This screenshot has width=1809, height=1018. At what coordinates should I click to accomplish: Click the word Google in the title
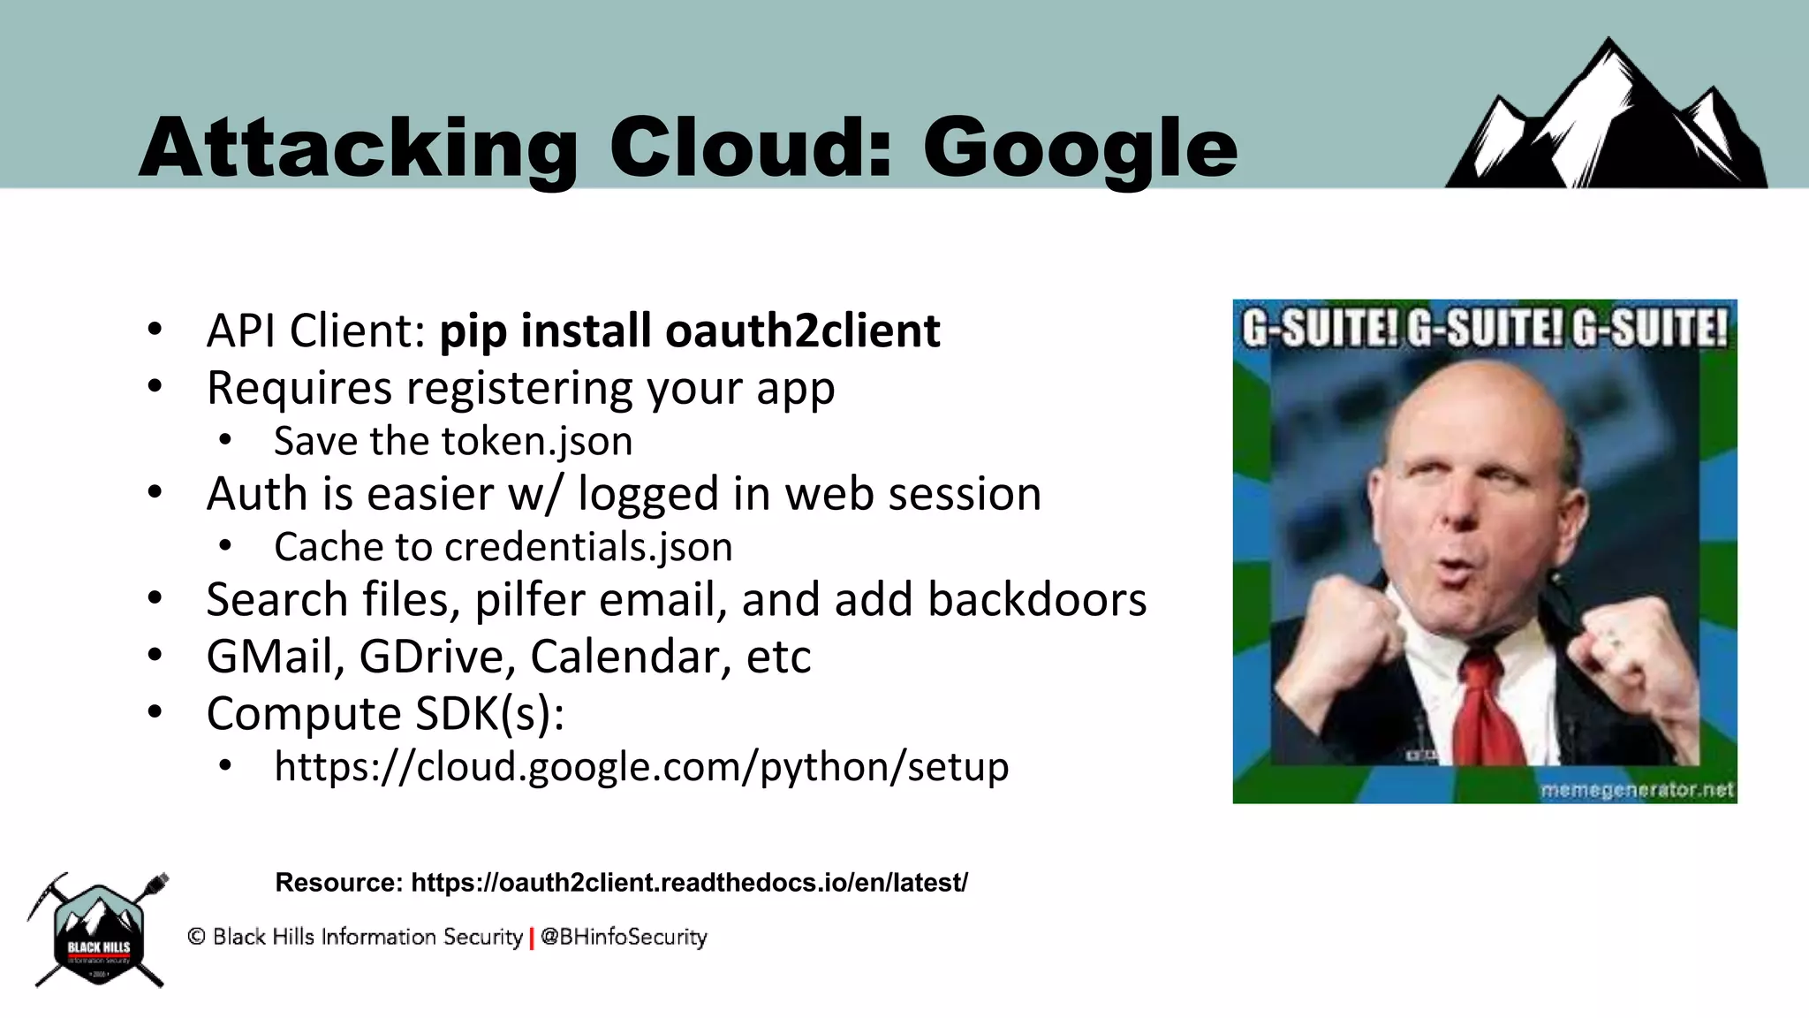[x=1079, y=148]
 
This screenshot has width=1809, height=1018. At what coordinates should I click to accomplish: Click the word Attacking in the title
[x=358, y=148]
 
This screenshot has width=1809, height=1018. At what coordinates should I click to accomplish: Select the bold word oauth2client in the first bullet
[x=802, y=330]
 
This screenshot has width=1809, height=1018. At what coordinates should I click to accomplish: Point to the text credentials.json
[x=588, y=547]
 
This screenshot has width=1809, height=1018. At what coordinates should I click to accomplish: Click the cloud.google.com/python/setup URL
[x=641, y=766]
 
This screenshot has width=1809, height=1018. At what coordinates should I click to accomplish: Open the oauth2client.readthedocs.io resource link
[x=689, y=882]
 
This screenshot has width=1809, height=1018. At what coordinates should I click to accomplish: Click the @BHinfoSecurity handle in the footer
[x=624, y=937]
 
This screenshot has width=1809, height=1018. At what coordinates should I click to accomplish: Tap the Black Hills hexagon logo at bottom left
[x=98, y=933]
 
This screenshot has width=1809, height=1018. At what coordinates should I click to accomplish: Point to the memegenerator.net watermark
[x=1637, y=789]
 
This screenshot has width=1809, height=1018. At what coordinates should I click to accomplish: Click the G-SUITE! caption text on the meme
[x=1484, y=329]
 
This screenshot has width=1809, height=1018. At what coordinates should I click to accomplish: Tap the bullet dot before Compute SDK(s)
[x=155, y=712]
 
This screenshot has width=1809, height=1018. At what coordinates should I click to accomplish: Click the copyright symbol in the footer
[x=196, y=937]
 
